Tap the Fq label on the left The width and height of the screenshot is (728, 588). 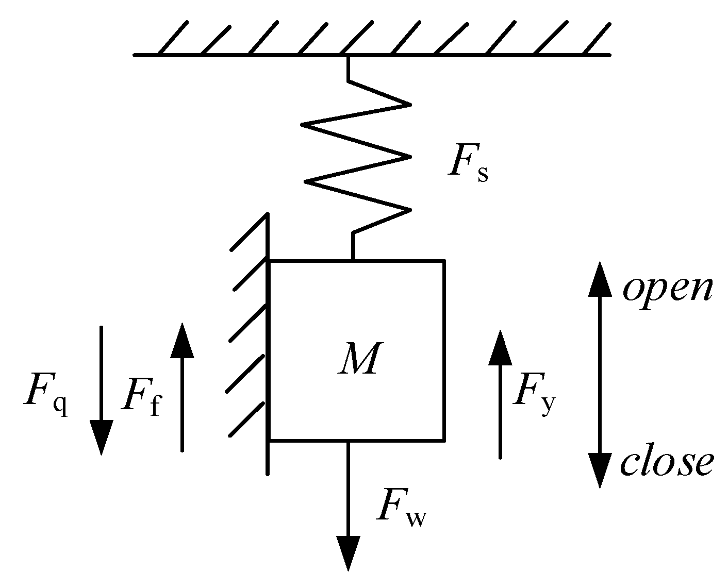coord(45,399)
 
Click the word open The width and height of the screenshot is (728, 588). coord(667,289)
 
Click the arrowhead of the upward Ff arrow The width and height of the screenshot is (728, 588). coord(182,340)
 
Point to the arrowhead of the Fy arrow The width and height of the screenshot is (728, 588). coord(500,348)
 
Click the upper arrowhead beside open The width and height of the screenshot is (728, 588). coord(600,278)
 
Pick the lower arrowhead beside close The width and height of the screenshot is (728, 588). coord(600,470)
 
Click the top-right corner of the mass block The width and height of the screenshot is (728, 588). coord(443,262)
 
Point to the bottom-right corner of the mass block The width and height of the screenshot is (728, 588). coord(443,440)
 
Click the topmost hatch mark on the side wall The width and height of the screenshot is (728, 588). coord(250,232)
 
